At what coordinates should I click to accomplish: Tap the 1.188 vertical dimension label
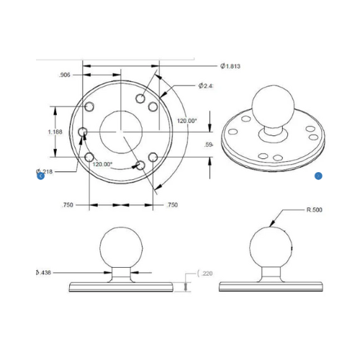coord(55,132)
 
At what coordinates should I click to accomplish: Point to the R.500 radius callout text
coord(314,210)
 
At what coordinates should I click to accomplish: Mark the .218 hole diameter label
coord(46,171)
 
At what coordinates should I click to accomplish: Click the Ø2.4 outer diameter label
coord(207,86)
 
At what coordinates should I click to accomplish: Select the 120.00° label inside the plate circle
coord(102,163)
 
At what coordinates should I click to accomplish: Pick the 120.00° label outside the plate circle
coord(186,121)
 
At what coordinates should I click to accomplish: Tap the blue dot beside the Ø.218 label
coord(41,176)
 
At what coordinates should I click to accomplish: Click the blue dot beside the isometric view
coord(318,176)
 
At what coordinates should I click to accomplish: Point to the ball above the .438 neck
coord(120,246)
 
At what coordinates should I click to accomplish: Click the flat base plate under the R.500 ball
coord(271,286)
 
